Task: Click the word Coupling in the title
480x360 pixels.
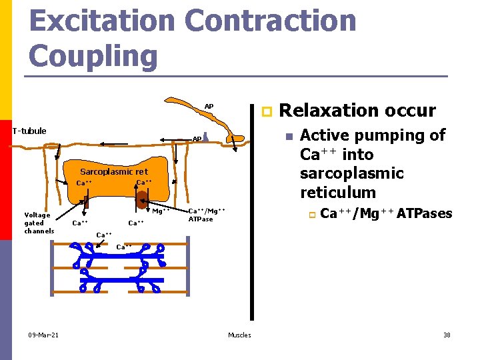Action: (93, 55)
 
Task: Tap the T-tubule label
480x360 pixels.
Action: (29, 131)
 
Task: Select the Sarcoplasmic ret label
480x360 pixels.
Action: (114, 172)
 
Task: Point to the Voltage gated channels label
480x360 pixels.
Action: (39, 223)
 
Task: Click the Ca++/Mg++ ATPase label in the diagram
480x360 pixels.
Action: (206, 215)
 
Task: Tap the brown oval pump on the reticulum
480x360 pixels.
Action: (141, 198)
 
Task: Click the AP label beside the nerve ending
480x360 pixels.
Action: (197, 139)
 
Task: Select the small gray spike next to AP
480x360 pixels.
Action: (207, 136)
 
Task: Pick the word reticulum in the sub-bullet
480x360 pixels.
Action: (338, 193)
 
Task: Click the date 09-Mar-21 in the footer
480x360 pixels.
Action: (43, 335)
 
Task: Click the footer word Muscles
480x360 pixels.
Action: (239, 335)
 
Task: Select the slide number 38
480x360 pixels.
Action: (447, 335)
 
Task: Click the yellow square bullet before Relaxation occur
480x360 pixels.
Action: (265, 111)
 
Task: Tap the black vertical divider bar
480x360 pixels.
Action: (253, 213)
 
